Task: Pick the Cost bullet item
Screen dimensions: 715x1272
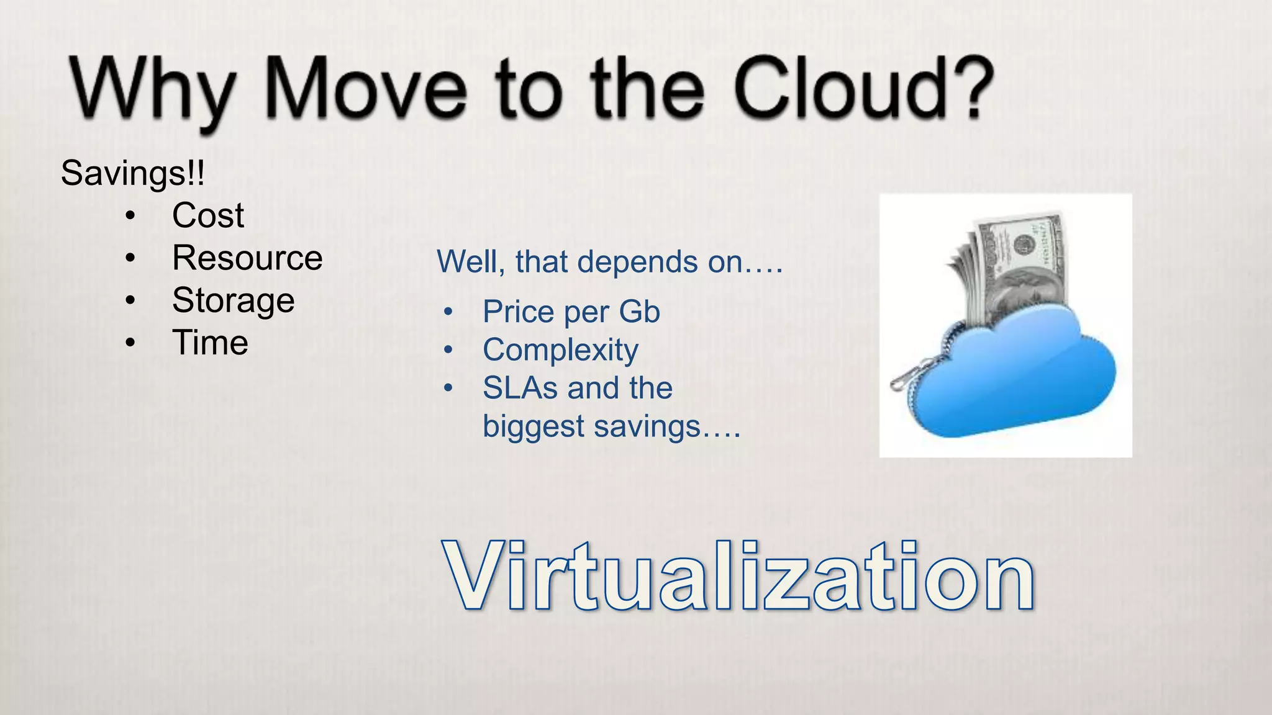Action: click(x=208, y=215)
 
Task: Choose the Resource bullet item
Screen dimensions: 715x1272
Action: click(x=247, y=258)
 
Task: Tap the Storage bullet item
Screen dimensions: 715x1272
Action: click(x=233, y=300)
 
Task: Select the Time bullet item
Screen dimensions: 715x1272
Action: click(x=210, y=343)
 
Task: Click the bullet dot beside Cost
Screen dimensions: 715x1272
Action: click(x=129, y=216)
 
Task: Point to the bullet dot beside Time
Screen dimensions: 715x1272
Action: click(x=129, y=343)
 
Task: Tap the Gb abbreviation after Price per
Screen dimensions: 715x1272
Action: click(x=639, y=312)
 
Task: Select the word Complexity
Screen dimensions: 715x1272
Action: click(x=560, y=351)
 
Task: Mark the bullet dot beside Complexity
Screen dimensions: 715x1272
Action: click(x=448, y=350)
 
